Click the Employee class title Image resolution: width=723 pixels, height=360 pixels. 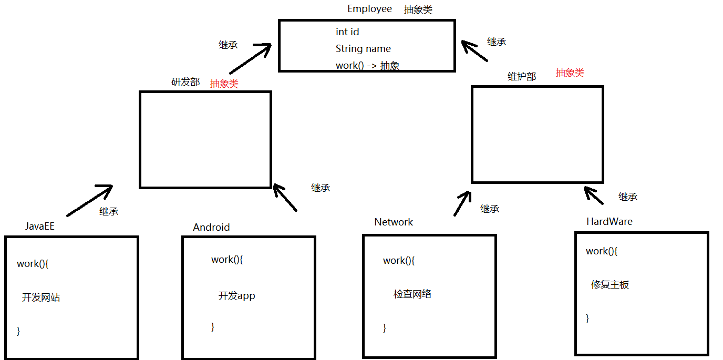pyautogui.click(x=369, y=9)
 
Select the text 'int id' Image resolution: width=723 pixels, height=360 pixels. pyautogui.click(x=347, y=32)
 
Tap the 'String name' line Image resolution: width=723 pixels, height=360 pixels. pyautogui.click(x=363, y=49)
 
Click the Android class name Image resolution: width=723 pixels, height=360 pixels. pyautogui.click(x=211, y=228)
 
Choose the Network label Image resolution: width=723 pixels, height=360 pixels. pyautogui.click(x=394, y=222)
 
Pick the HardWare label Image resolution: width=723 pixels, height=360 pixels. pyautogui.click(x=609, y=222)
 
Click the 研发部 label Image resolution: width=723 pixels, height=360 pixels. pyautogui.click(x=185, y=82)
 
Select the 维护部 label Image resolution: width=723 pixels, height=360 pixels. pyautogui.click(x=521, y=77)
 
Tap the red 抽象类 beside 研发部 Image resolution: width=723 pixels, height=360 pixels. pyautogui.click(x=224, y=84)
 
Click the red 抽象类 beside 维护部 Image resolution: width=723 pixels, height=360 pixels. pyautogui.click(x=570, y=73)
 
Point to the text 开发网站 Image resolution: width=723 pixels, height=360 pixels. pyautogui.click(x=41, y=297)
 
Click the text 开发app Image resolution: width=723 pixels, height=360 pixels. pyautogui.click(x=236, y=296)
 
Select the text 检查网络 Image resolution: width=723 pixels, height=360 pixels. pyautogui.click(x=412, y=294)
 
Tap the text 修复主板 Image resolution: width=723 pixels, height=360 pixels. pyautogui.click(x=610, y=285)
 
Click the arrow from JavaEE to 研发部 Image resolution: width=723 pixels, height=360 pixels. pyautogui.click(x=90, y=201)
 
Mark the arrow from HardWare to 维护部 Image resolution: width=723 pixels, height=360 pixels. pyautogui.click(x=594, y=195)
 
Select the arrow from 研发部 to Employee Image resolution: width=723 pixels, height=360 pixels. pyautogui.click(x=250, y=59)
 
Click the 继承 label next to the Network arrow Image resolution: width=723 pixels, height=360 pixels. pyautogui.click(x=489, y=209)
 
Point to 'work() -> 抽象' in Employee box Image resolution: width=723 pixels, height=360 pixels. pyautogui.click(x=367, y=66)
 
